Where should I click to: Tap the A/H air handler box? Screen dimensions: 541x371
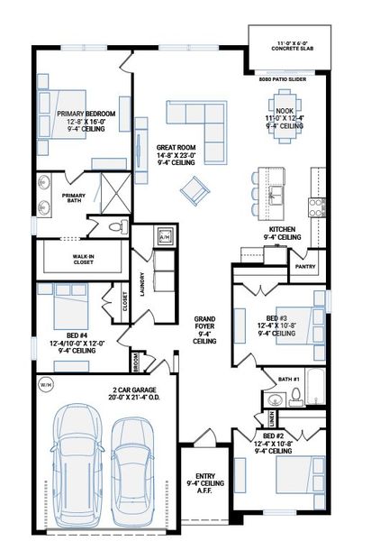165,238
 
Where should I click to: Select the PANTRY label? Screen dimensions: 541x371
304,266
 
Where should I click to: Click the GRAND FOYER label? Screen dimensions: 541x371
204,330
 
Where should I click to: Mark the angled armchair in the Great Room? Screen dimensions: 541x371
193,190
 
